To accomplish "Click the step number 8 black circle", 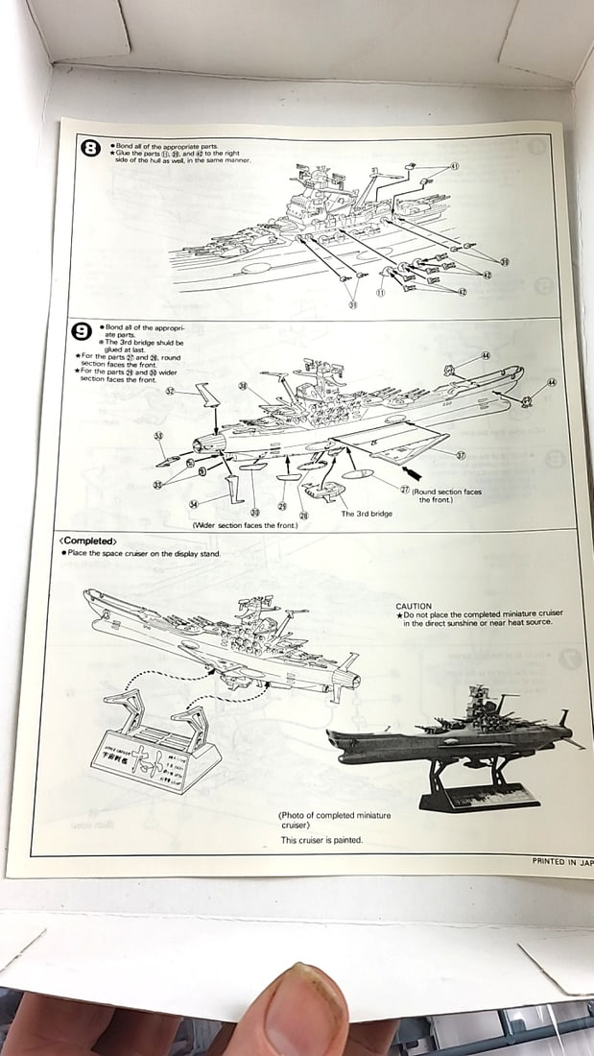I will pos(90,148).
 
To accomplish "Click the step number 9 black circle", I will pos(83,332).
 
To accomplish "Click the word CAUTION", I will pos(414,607).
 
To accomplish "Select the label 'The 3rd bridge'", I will pos(367,514).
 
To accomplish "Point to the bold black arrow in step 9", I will pos(414,472).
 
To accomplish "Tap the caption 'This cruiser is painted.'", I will pos(321,840).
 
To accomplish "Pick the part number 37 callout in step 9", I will pos(461,454).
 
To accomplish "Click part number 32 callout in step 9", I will pos(169,391).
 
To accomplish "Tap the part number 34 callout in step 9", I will pos(194,503).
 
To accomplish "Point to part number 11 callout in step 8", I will pos(381,293).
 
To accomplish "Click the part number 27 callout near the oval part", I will pos(405,490).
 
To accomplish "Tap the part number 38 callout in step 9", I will pos(242,387).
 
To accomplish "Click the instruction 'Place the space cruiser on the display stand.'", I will pos(142,554).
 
